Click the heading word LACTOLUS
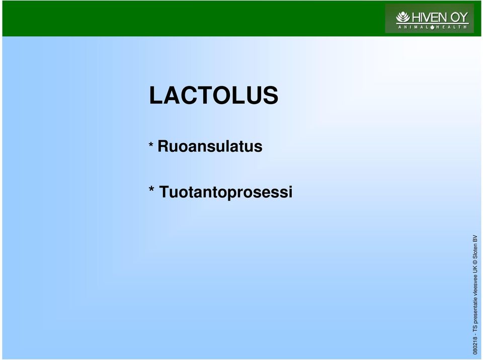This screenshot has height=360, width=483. point(213,95)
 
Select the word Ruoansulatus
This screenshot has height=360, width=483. point(210,146)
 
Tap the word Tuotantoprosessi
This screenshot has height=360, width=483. point(225,192)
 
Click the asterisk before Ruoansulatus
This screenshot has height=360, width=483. point(151,144)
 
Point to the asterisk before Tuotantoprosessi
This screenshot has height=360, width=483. point(151,189)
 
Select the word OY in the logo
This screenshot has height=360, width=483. point(459,18)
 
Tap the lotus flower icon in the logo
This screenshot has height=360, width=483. point(403,17)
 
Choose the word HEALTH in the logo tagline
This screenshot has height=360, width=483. point(452,27)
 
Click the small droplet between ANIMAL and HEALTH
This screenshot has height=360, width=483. point(432,27)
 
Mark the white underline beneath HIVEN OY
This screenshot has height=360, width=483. point(432,24)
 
